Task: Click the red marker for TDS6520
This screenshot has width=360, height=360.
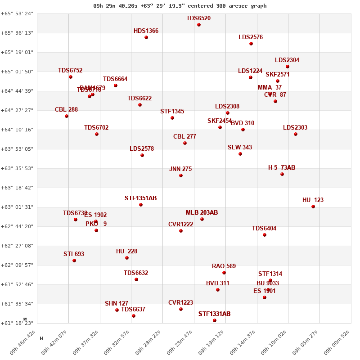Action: tap(199, 25)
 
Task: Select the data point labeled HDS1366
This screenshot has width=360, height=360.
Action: tap(146, 37)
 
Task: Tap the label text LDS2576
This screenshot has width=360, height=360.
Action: tap(251, 37)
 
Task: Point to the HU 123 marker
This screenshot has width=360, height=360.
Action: tap(313, 207)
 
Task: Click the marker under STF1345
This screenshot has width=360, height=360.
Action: tap(172, 118)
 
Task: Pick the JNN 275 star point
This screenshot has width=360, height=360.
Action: tap(181, 175)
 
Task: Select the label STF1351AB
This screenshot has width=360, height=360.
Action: tap(140, 198)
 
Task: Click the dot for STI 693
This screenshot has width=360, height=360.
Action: tap(74, 261)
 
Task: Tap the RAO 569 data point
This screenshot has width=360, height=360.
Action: tap(224, 273)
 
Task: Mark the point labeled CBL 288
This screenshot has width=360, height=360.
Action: tap(67, 116)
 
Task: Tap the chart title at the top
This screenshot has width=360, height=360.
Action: tap(180, 6)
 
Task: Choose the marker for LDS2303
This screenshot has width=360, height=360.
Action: tap(296, 134)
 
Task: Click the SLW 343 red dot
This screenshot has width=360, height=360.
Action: tap(240, 154)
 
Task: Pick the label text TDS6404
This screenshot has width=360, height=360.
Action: tap(264, 229)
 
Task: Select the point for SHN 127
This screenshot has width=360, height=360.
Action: tap(117, 310)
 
